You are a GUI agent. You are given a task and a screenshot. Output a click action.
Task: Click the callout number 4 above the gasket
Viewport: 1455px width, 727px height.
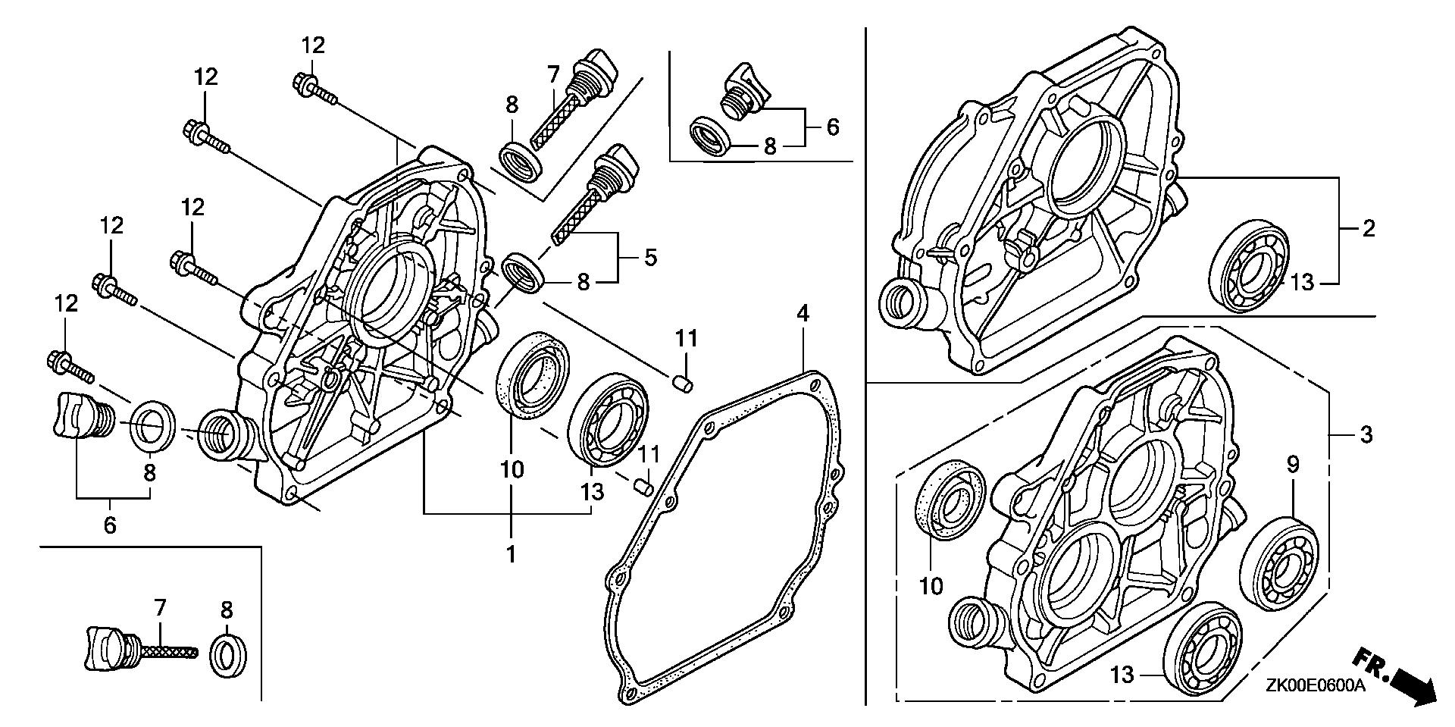click(x=803, y=312)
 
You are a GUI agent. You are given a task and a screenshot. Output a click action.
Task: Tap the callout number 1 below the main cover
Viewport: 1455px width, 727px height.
click(x=512, y=554)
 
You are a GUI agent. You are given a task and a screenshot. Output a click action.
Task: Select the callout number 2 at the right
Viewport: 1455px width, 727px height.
click(x=1368, y=228)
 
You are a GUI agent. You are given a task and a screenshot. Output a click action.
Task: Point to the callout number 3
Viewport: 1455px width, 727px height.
click(x=1366, y=435)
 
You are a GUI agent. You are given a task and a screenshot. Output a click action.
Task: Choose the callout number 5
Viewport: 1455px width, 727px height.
click(x=650, y=258)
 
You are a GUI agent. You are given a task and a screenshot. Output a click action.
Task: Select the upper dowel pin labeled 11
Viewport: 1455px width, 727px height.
click(x=684, y=384)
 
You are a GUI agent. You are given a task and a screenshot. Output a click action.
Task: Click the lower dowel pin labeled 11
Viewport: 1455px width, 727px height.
click(x=644, y=486)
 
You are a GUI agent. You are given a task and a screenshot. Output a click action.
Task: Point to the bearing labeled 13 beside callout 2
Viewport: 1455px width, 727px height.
click(x=1247, y=265)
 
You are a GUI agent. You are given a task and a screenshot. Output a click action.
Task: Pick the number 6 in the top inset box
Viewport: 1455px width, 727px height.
click(x=833, y=127)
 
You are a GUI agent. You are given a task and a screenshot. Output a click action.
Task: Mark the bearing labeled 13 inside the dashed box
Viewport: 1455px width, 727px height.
click(x=1201, y=649)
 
